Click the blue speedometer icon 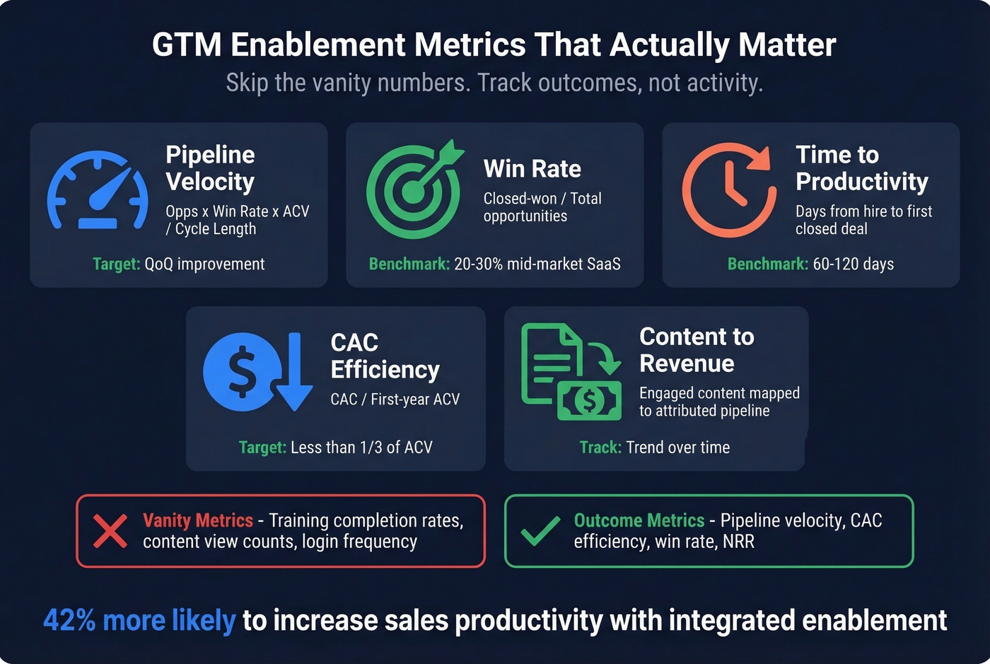click(98, 190)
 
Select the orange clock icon click(728, 190)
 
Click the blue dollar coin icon click(243, 371)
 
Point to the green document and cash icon click(570, 371)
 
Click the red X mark click(110, 531)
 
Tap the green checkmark click(540, 531)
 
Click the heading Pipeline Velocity click(210, 168)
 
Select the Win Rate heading click(532, 169)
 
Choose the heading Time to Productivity click(861, 168)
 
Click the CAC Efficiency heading click(385, 356)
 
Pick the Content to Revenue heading click(697, 350)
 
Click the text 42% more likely click(139, 620)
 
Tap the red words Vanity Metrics click(198, 520)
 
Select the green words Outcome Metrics click(639, 520)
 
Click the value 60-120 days click(853, 264)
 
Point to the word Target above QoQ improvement click(116, 264)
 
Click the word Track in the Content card click(600, 448)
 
